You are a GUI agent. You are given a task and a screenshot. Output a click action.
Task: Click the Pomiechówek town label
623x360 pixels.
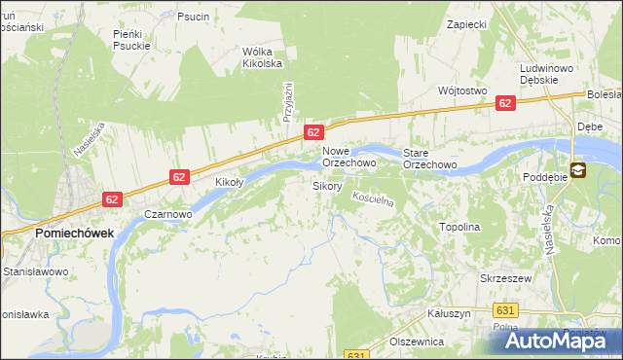pos(74,234)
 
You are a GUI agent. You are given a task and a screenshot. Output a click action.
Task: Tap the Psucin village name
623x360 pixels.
pos(193,17)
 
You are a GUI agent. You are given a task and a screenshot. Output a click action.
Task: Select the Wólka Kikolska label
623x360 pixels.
pos(262,57)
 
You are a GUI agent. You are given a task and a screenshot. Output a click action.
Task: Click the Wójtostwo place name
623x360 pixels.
pos(462,90)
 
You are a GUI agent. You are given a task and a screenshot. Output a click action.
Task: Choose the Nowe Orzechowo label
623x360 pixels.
pos(348,158)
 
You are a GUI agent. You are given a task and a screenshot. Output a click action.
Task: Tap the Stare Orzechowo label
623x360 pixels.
pos(430,159)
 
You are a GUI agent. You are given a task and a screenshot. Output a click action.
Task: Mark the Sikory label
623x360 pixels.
pos(326,185)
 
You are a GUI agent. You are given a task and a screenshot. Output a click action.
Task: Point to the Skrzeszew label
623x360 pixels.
pos(504,277)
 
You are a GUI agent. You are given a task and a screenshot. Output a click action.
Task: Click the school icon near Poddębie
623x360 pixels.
pos(578,170)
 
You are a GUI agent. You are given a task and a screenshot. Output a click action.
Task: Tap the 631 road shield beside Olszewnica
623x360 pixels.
pos(357,355)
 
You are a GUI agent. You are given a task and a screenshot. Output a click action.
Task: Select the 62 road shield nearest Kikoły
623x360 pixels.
pos(179,176)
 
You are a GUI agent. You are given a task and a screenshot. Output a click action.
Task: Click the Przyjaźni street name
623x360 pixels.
pos(288,101)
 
